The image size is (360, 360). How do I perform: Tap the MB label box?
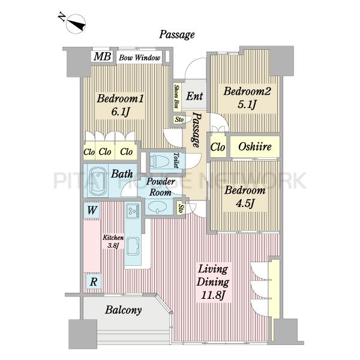102,56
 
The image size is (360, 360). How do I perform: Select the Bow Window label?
139,58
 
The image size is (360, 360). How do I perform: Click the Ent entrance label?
194,96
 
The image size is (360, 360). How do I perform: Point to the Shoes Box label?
176,97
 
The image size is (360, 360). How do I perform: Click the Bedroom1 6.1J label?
120,105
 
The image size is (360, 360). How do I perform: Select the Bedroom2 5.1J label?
247,98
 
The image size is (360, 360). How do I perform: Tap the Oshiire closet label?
255,146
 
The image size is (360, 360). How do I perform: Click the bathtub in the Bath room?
98,181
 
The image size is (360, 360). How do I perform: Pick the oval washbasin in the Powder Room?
157,206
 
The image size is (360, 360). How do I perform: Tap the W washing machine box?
91,210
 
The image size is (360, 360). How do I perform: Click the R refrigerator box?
94,281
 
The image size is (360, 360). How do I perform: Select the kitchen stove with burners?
133,211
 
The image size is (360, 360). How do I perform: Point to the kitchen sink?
133,247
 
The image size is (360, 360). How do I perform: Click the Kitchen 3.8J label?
113,241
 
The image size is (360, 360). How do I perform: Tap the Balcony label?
123,310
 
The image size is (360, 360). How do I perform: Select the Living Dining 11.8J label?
213,282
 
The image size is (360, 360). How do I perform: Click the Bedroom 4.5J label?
245,197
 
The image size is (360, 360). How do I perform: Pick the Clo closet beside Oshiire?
218,147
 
